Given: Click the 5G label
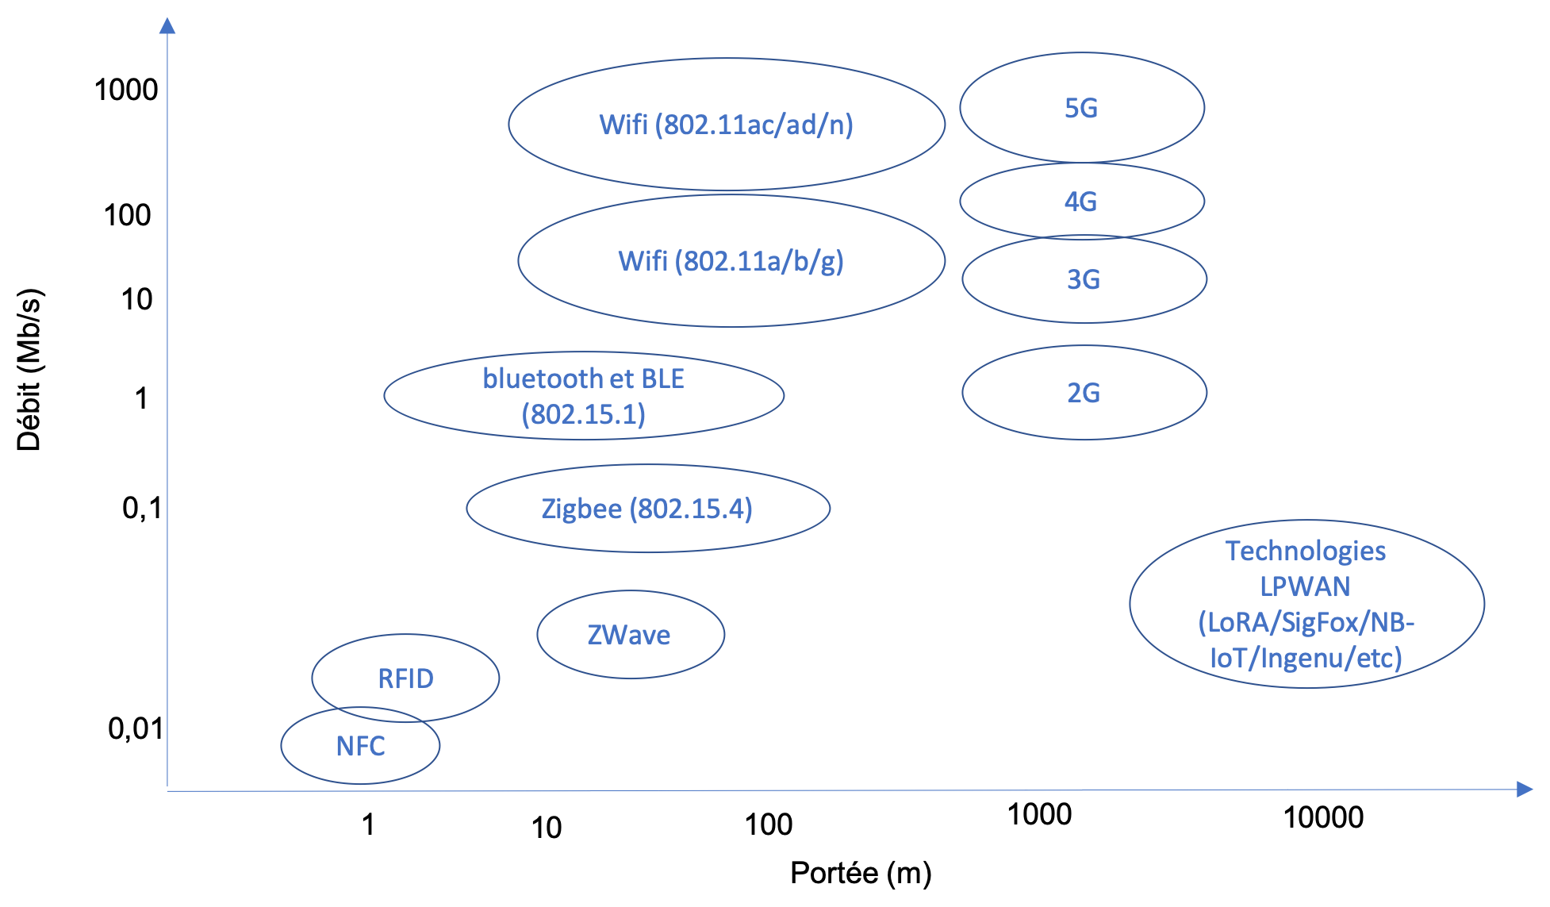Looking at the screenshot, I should (1080, 108).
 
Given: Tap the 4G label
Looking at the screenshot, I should (1080, 202).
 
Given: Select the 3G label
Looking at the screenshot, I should (1083, 279).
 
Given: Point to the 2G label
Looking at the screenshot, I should (1083, 393).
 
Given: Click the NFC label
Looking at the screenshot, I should (360, 746).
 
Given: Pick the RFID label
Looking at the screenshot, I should (405, 678).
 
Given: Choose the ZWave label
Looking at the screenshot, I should (629, 635).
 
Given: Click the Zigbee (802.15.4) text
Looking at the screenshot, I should (646, 509).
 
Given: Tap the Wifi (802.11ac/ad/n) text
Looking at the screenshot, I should (726, 125).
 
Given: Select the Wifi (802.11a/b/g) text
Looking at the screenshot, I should (731, 261).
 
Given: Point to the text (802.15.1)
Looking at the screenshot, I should (584, 414).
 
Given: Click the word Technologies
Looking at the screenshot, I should (1306, 551).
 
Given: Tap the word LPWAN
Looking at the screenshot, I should (1305, 586).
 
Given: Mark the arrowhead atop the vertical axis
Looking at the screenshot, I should (167, 26).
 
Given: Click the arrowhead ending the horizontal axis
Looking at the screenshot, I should (1524, 790).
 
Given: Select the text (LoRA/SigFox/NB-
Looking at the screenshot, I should (1306, 622).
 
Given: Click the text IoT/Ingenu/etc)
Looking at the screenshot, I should (1306, 658).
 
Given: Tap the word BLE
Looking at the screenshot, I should (662, 379).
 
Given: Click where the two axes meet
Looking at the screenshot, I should (167, 790).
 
